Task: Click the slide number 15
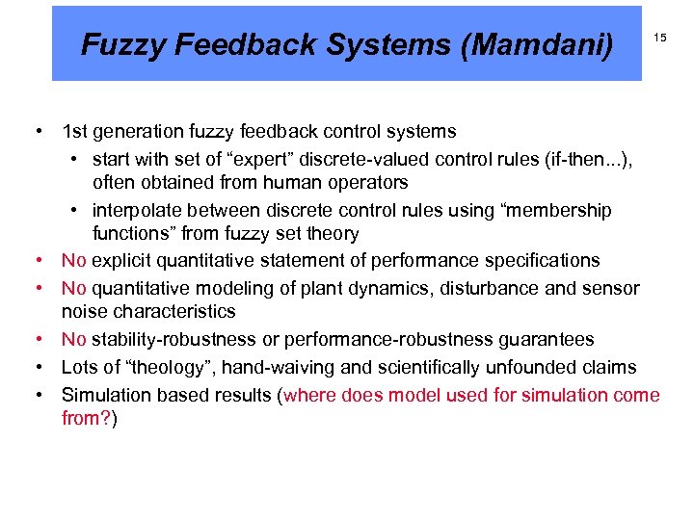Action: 660,38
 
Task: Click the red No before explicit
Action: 73,261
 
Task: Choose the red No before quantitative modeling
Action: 73,287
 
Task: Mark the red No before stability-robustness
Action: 73,339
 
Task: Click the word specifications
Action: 547,261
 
